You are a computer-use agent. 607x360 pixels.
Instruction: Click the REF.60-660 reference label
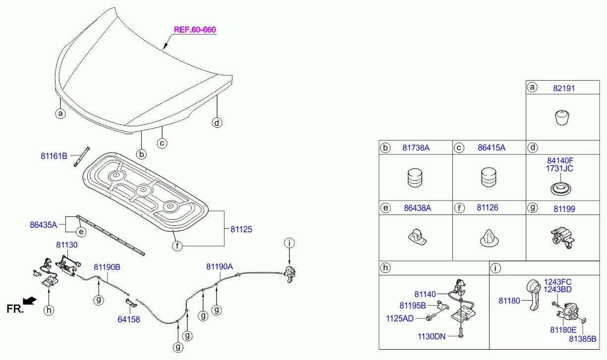click(195, 30)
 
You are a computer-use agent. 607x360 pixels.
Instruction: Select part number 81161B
click(54, 156)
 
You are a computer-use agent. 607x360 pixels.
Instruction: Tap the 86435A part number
click(44, 224)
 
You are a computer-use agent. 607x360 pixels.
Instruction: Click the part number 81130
click(66, 245)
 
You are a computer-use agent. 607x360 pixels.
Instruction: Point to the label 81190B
click(107, 267)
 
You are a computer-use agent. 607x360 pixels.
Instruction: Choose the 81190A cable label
click(220, 266)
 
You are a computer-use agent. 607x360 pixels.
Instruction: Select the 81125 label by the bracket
click(241, 229)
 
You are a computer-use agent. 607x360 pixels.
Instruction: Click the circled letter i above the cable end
click(289, 243)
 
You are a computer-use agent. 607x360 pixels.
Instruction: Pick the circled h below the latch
click(49, 310)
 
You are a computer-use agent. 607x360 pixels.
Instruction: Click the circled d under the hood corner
click(217, 122)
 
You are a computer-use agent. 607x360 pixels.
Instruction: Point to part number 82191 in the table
click(564, 88)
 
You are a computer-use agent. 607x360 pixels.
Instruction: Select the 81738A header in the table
click(416, 148)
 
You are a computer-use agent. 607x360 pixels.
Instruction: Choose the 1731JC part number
click(560, 168)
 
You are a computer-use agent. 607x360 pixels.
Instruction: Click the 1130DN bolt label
click(432, 337)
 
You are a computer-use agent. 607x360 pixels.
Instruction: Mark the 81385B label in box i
click(582, 339)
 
